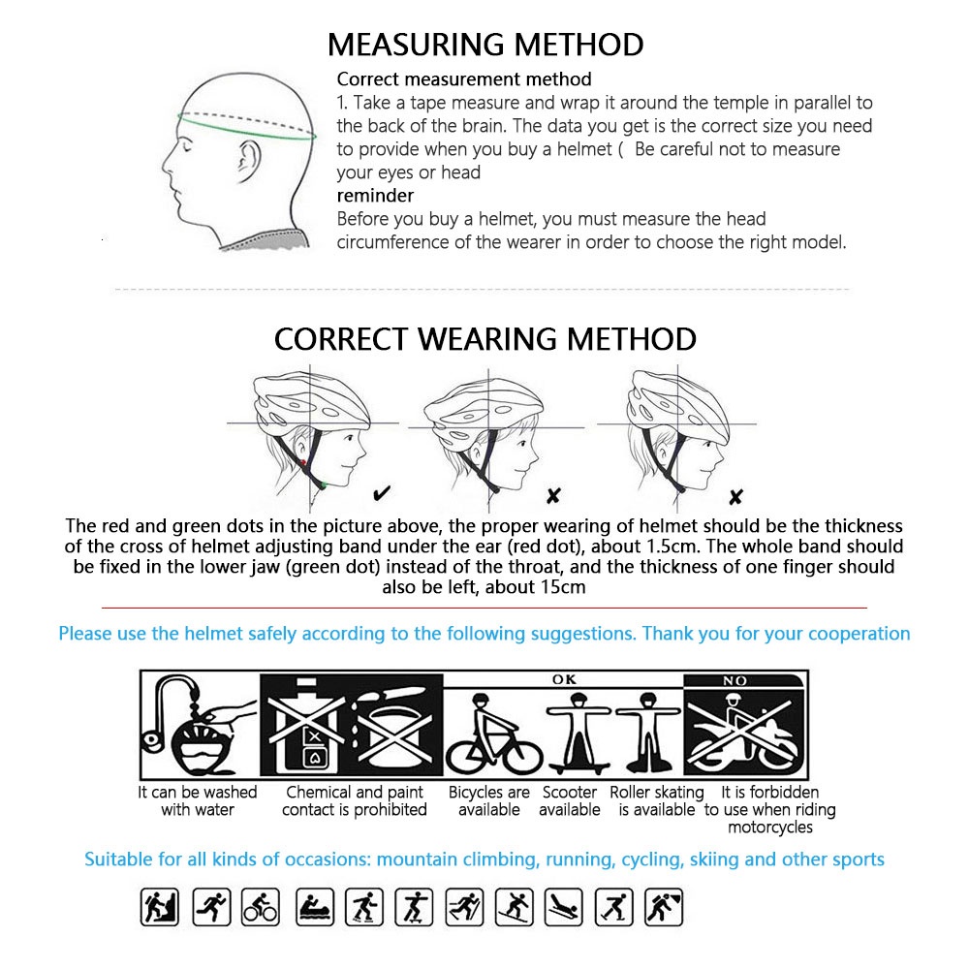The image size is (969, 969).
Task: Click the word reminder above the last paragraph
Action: [x=375, y=196]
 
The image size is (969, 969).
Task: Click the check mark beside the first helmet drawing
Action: [x=382, y=494]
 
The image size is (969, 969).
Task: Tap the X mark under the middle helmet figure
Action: [x=552, y=496]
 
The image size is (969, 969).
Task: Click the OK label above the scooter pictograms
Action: [x=564, y=680]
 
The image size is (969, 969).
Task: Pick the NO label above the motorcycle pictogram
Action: [x=735, y=680]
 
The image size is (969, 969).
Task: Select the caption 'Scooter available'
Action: [x=570, y=800]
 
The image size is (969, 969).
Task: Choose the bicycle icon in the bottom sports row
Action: [x=261, y=907]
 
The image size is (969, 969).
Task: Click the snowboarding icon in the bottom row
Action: [x=514, y=907]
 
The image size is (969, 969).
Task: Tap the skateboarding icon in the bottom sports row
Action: [x=413, y=907]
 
